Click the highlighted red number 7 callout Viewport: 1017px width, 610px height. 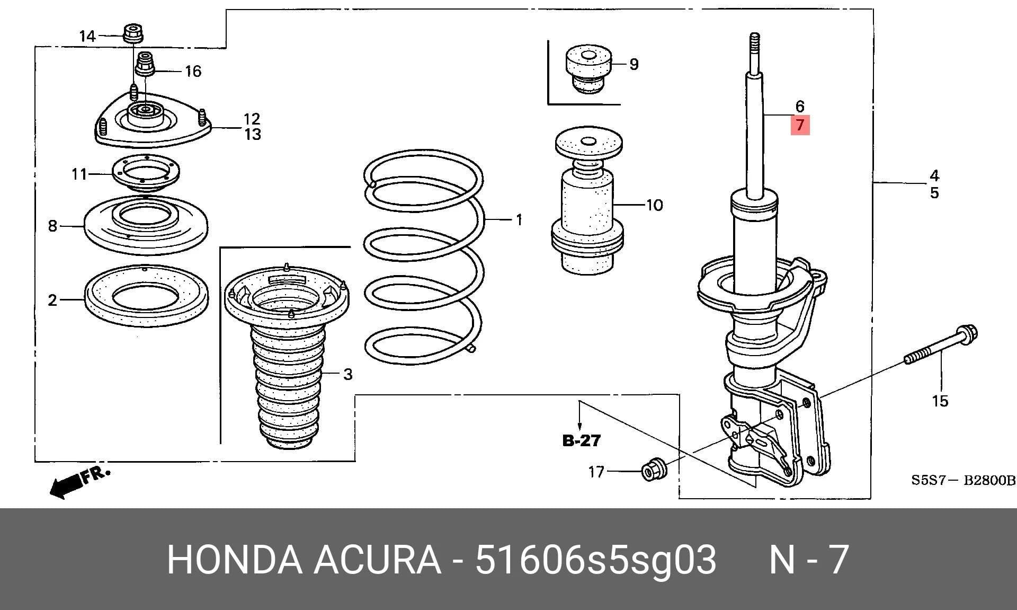(800, 125)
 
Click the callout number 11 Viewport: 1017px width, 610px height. (79, 174)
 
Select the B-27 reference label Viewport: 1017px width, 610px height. (581, 440)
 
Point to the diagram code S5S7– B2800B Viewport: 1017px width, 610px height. (963, 481)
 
